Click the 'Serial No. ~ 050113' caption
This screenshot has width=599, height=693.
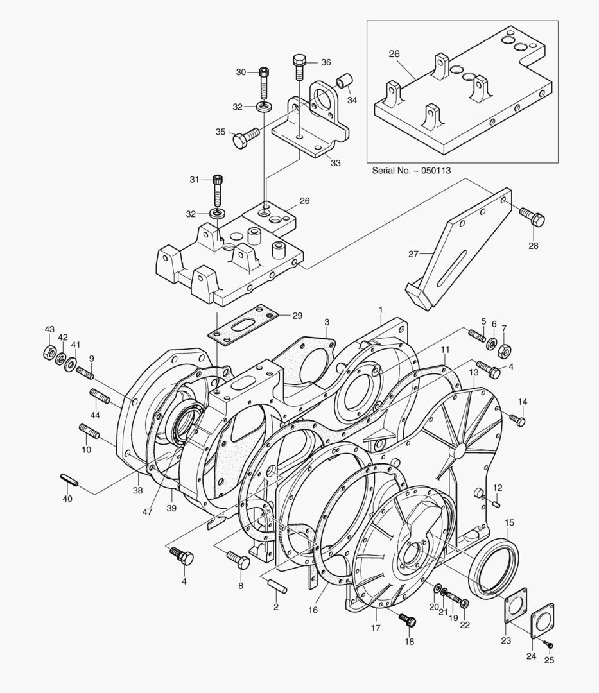pos(411,171)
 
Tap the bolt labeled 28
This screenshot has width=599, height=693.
pos(532,217)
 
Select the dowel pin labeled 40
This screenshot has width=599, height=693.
pos(69,479)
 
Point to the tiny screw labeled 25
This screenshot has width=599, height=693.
pos(549,645)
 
